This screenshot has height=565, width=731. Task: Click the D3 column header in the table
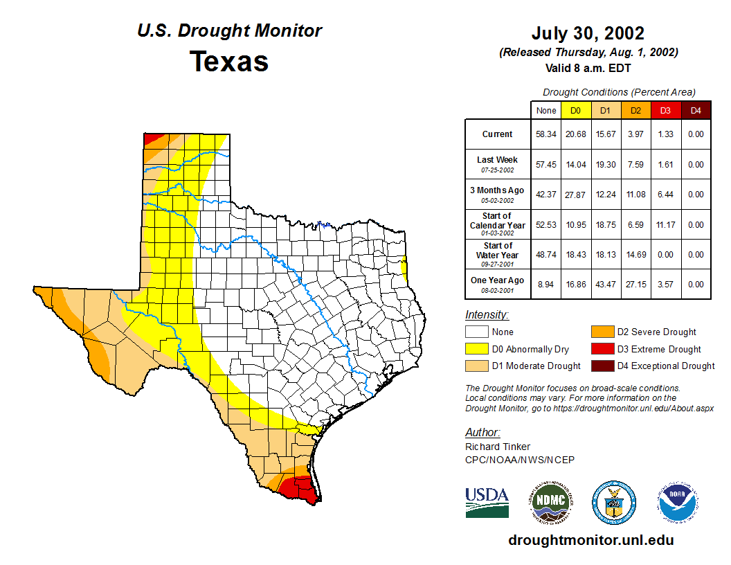(x=665, y=110)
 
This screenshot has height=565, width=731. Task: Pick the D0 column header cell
(x=575, y=110)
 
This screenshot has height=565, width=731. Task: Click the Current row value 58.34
(x=546, y=134)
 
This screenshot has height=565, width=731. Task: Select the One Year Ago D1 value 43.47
(x=605, y=284)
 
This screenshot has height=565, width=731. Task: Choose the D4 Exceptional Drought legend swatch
(x=602, y=366)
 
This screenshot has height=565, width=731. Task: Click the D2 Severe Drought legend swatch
(x=602, y=332)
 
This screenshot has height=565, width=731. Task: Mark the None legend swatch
(x=477, y=332)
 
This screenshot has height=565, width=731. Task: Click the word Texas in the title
(x=229, y=61)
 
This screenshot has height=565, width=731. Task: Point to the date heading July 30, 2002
(x=588, y=33)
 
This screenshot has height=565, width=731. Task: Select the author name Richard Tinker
(x=498, y=447)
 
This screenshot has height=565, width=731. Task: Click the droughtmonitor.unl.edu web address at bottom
(x=590, y=540)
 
